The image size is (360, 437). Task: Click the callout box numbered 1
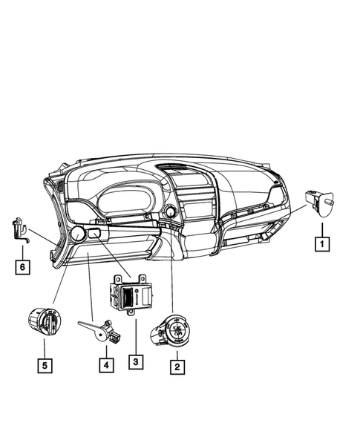(322, 242)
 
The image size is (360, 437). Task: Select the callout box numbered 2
(176, 365)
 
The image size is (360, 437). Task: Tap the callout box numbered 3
(134, 362)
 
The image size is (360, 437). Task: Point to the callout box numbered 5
(45, 364)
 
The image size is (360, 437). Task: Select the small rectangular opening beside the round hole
(95, 234)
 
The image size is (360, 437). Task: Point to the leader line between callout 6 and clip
(23, 249)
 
